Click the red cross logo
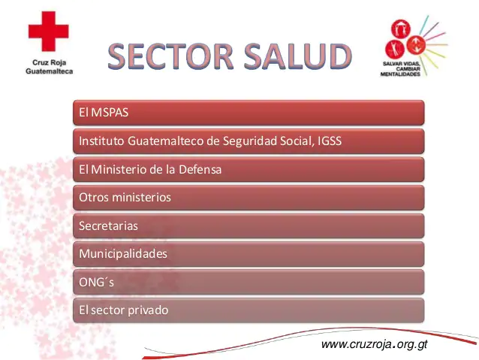tap(49, 32)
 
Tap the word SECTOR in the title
tap(170, 56)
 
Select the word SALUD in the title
tap(298, 56)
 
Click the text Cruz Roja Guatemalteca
tap(50, 67)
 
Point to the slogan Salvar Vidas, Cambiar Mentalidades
tap(400, 69)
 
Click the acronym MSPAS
tap(110, 112)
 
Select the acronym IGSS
tap(330, 141)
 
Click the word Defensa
tap(200, 169)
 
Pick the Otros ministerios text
tap(125, 197)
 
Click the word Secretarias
tap(108, 225)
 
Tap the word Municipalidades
tap(123, 253)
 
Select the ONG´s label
tap(96, 282)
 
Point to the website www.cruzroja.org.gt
tap(374, 344)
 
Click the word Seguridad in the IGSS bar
tap(249, 141)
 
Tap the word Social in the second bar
tap(297, 141)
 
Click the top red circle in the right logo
tap(401, 29)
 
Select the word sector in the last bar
tap(108, 310)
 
